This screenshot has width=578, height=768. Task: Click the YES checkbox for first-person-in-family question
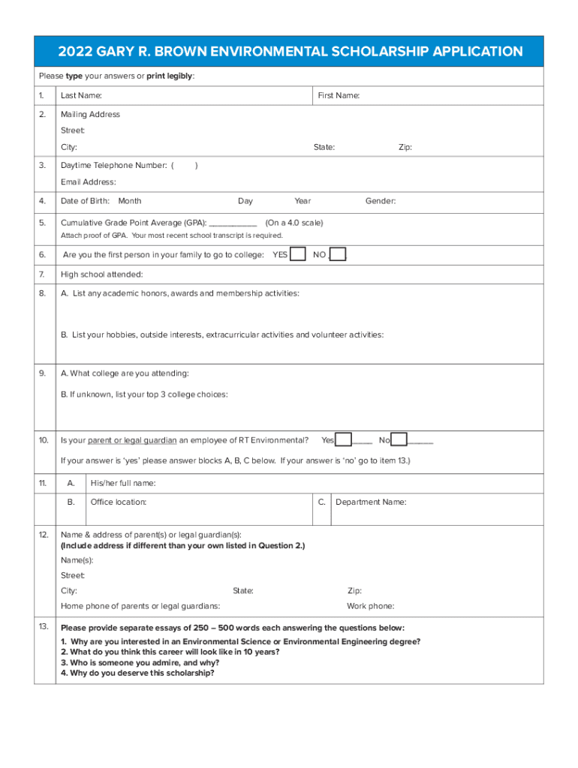tap(298, 254)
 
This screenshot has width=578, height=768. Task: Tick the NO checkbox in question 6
tap(338, 254)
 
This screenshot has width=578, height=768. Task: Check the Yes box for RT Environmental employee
tap(344, 440)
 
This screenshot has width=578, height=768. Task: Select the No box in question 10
tap(399, 440)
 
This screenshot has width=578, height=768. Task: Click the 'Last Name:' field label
tap(81, 96)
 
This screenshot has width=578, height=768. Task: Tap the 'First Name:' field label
tap(339, 96)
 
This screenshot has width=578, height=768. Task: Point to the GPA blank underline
tap(233, 223)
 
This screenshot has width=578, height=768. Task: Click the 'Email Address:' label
tap(89, 182)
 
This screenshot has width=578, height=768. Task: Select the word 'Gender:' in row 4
tap(381, 201)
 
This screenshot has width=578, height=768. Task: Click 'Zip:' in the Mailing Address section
tap(405, 148)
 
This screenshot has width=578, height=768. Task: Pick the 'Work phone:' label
tap(370, 606)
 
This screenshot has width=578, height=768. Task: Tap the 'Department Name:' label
tap(371, 502)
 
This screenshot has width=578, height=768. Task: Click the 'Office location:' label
tap(119, 502)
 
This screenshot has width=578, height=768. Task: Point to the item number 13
tap(44, 626)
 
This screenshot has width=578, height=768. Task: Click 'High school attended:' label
tap(101, 274)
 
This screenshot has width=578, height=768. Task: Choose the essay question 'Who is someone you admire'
tap(140, 663)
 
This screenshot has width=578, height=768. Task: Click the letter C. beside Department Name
tap(321, 502)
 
